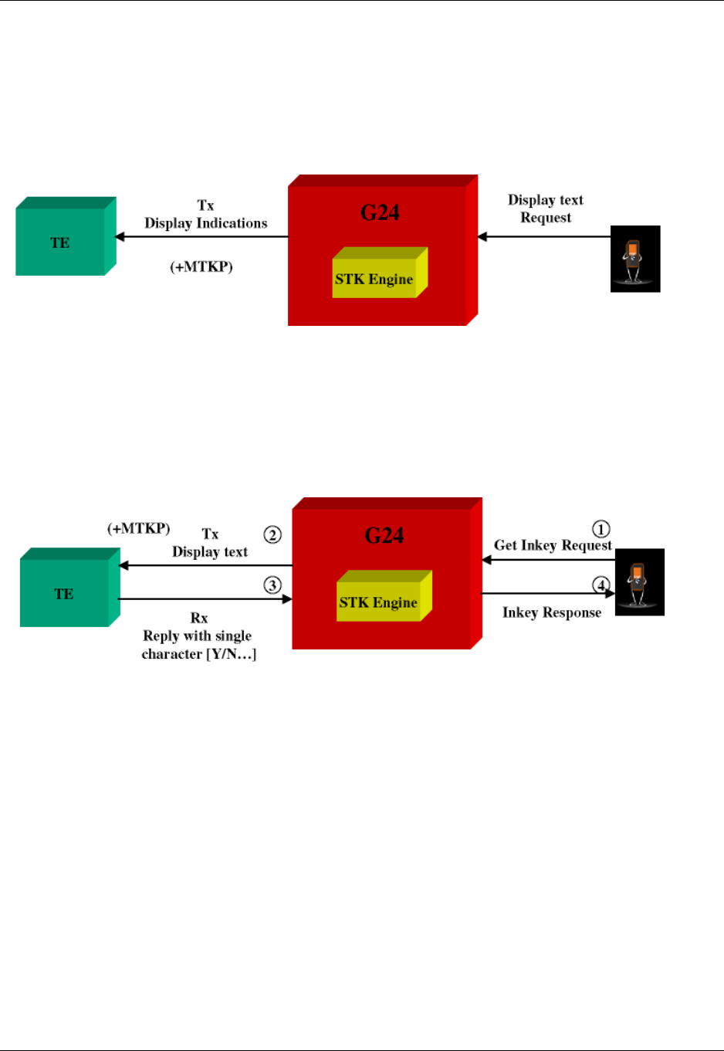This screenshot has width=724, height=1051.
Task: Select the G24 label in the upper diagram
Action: tap(380, 212)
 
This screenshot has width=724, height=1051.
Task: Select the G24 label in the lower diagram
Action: tap(384, 535)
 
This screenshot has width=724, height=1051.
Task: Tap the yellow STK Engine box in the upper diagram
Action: tap(374, 279)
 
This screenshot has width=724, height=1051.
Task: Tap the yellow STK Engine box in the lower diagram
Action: tap(378, 602)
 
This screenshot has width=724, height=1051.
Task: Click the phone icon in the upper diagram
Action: tap(634, 259)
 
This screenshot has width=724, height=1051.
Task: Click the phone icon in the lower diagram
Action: tap(639, 581)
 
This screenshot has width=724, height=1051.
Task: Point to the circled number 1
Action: tap(601, 529)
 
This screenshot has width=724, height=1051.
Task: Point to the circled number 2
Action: tap(272, 534)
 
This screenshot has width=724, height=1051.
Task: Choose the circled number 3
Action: tap(272, 585)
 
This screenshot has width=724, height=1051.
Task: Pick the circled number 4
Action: tap(601, 585)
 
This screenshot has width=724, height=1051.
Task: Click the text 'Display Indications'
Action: tap(206, 223)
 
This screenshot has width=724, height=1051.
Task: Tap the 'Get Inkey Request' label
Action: tap(553, 545)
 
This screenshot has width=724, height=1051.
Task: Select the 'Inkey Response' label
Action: tap(552, 612)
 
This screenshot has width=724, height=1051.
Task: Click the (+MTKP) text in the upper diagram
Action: tap(201, 266)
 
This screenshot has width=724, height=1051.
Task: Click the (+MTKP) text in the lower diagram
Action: tap(139, 528)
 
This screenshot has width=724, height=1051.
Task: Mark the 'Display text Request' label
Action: tap(546, 209)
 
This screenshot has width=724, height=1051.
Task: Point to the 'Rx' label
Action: tap(199, 618)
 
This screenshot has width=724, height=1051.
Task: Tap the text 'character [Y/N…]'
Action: tap(199, 654)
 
